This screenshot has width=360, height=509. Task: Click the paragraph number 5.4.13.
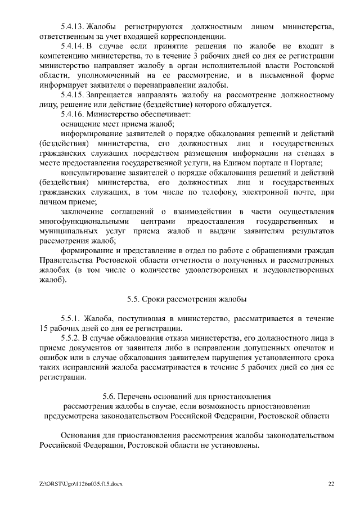(72, 26)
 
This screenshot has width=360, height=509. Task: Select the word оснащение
(80, 124)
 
